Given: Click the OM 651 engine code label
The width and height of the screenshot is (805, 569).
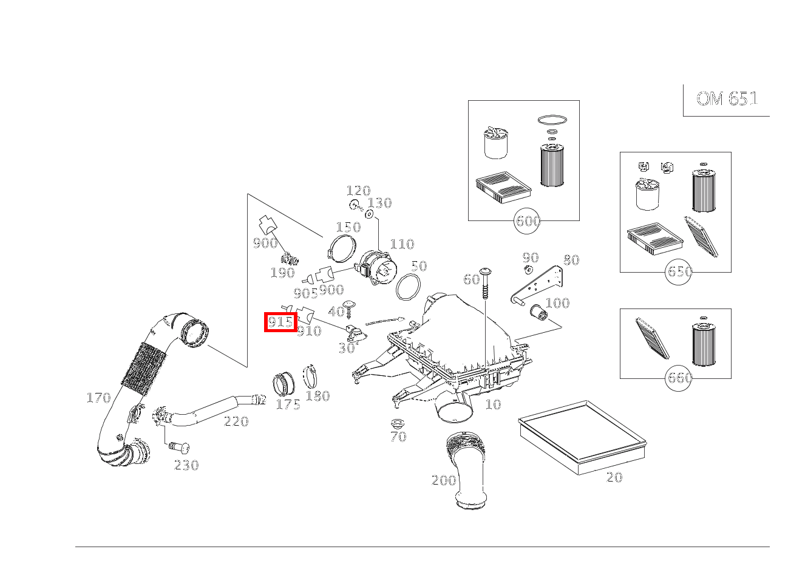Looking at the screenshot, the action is tap(727, 98).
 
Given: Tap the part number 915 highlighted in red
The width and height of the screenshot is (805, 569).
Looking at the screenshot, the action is tap(280, 322).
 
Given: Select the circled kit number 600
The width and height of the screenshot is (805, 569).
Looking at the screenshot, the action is tap(528, 220).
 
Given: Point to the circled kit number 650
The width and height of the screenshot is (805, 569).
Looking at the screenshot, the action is tap(679, 271).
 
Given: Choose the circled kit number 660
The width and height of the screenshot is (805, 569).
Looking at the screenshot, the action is tap(679, 378).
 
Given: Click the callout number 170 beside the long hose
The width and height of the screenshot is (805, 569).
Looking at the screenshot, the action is tap(98, 398).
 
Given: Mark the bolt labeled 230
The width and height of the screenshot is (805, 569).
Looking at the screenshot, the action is tap(179, 448).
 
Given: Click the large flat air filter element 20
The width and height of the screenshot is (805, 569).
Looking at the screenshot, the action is tap(582, 437).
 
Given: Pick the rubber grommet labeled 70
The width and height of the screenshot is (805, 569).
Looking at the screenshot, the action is tap(398, 424).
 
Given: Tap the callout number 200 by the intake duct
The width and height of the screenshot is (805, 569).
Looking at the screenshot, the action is tap(443, 480).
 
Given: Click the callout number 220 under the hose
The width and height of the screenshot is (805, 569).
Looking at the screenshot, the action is tap(236, 421).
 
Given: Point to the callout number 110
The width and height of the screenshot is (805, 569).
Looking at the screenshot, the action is tap(402, 244).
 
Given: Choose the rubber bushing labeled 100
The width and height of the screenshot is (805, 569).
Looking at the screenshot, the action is tap(538, 312).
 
